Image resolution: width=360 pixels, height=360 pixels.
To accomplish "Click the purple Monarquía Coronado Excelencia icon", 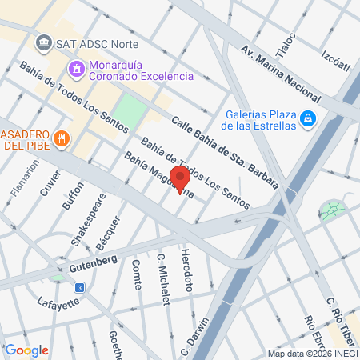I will pyautogui.click(x=76, y=69).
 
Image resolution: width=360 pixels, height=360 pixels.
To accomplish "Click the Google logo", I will pyautogui.click(x=26, y=350).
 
